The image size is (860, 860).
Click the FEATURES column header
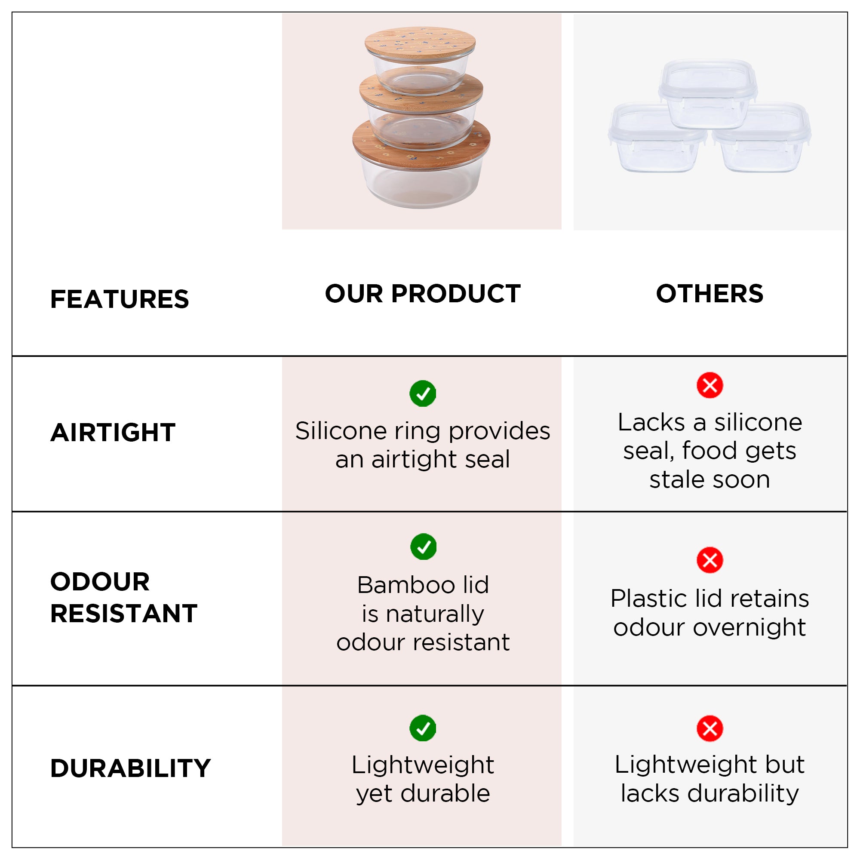(119, 299)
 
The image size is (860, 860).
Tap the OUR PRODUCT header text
(422, 294)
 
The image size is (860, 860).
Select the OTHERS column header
(709, 294)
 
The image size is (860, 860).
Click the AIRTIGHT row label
(113, 433)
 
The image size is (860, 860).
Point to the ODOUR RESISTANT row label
(124, 597)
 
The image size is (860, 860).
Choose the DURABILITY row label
(130, 768)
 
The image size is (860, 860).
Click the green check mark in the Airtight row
(422, 393)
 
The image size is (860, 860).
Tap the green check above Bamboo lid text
(423, 547)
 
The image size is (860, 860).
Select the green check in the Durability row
(422, 728)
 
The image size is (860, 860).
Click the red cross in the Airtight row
(709, 385)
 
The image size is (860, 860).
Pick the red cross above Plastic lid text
(709, 560)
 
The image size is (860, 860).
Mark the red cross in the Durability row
(709, 728)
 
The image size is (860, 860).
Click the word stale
(676, 480)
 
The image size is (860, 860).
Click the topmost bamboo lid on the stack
(420, 42)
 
